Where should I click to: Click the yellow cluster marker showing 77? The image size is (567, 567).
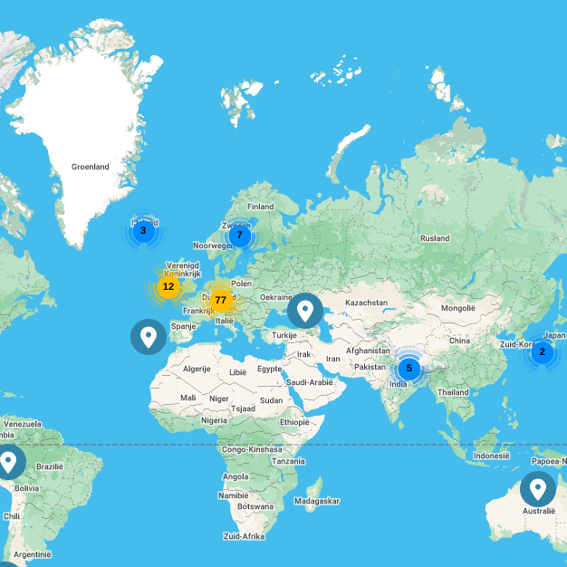point(220,300)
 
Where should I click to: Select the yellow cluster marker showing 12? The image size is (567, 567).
point(168,286)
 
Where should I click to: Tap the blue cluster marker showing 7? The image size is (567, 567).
point(239,235)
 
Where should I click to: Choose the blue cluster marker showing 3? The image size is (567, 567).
point(143,231)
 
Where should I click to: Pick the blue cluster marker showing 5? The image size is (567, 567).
point(408,368)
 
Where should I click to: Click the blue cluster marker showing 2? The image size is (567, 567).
point(542,352)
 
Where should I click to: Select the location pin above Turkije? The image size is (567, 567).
point(305,311)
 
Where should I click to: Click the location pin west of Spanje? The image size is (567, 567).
point(149,336)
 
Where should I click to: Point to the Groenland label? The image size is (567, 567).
point(91,167)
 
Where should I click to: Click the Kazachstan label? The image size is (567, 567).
point(366,303)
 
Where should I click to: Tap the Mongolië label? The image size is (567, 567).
point(458,309)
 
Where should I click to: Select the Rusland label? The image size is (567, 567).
point(434,238)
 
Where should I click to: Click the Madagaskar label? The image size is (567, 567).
point(317,501)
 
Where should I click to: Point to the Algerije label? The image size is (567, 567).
point(197,369)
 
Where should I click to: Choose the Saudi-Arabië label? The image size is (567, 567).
point(309,382)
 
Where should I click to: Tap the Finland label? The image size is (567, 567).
point(261,207)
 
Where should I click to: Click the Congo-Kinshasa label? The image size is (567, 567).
point(247,448)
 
